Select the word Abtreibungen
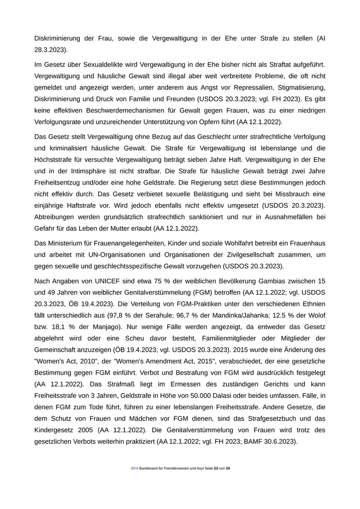click(x=57, y=216)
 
